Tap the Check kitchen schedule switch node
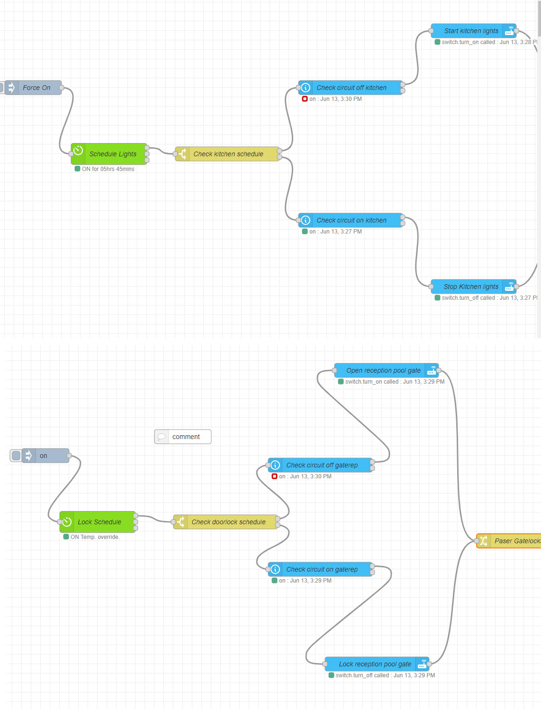(x=228, y=154)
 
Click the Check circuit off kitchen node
(x=351, y=88)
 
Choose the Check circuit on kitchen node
(x=351, y=220)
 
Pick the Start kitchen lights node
(x=471, y=31)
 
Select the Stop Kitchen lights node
(x=470, y=287)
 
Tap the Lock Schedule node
(x=99, y=522)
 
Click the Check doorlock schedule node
(x=228, y=522)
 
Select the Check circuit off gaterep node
(x=322, y=465)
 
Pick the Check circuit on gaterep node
(x=322, y=569)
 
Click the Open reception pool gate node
(x=383, y=370)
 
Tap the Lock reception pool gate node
(x=374, y=664)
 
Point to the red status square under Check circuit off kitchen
(x=305, y=99)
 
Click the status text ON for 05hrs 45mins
(x=108, y=169)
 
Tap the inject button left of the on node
(x=16, y=456)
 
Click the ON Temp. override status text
(x=95, y=537)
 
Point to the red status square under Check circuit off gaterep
(x=274, y=476)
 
